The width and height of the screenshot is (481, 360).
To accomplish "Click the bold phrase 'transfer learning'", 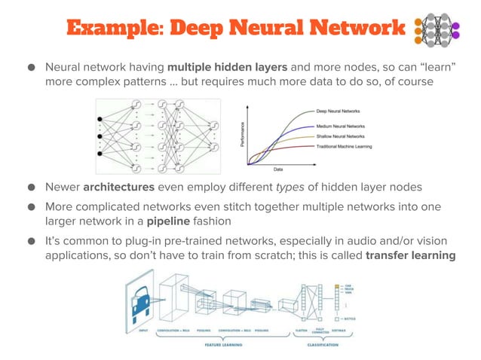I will click(x=410, y=255).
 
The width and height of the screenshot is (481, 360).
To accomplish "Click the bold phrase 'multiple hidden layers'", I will click(x=226, y=66).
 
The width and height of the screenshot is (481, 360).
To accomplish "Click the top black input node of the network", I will click(x=100, y=120).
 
